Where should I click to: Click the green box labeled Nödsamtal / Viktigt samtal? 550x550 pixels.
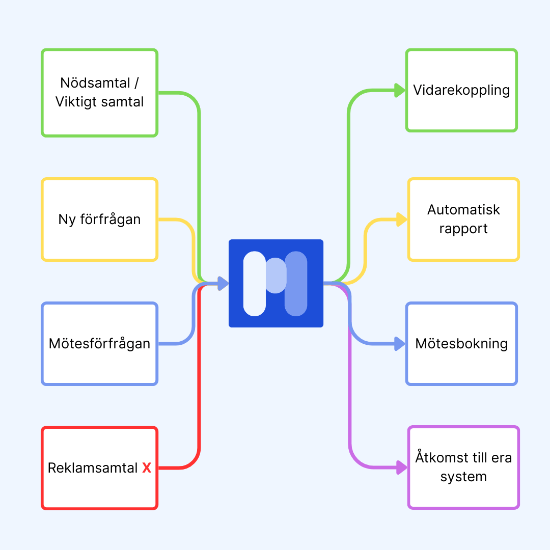[99, 93]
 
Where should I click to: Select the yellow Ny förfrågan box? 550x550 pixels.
[99, 219]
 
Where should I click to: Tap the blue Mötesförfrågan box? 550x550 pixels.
[99, 343]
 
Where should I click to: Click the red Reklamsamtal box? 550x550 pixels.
[99, 468]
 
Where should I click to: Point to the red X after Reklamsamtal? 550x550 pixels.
[147, 468]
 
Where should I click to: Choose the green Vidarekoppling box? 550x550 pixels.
[461, 90]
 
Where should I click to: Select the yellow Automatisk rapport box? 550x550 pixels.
[463, 219]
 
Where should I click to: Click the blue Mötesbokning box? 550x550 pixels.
[461, 343]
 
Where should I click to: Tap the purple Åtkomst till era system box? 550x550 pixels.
[463, 467]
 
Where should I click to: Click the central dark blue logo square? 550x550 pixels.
[276, 283]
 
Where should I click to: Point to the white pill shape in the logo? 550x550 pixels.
[255, 283]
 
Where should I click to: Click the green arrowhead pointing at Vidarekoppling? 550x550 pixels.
[400, 90]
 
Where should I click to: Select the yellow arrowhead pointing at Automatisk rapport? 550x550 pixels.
[402, 220]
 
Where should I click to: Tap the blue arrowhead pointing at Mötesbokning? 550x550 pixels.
[400, 344]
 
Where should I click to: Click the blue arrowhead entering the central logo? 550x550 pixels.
[223, 284]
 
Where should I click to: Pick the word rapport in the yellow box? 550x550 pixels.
[463, 229]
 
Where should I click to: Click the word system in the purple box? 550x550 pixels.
[463, 477]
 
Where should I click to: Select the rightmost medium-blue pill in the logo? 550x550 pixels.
[296, 283]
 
